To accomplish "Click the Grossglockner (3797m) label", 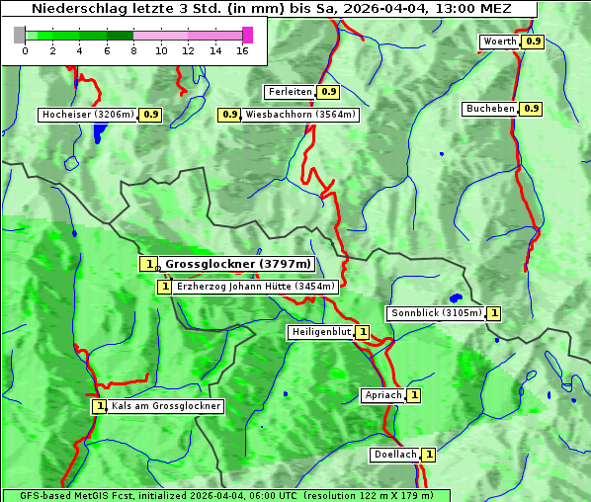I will click(x=237, y=264).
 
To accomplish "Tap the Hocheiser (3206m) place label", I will click(x=87, y=115).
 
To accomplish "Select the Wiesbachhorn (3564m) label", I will click(x=300, y=115).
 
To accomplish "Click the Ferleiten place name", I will click(x=290, y=92).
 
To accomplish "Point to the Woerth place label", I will click(x=499, y=42).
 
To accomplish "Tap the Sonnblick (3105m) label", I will click(x=436, y=313).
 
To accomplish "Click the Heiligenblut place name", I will click(x=320, y=332).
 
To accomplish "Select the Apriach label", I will click(x=382, y=395).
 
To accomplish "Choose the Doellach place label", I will click(x=394, y=455).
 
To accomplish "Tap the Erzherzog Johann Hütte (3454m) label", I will click(x=255, y=287).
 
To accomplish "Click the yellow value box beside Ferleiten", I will click(x=329, y=92).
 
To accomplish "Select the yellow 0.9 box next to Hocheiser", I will click(x=151, y=115).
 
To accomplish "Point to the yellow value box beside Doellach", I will click(x=429, y=455).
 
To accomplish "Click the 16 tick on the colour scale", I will click(x=241, y=49).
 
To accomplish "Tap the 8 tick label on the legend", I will click(x=133, y=49).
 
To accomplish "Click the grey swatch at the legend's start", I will click(x=20, y=35).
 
